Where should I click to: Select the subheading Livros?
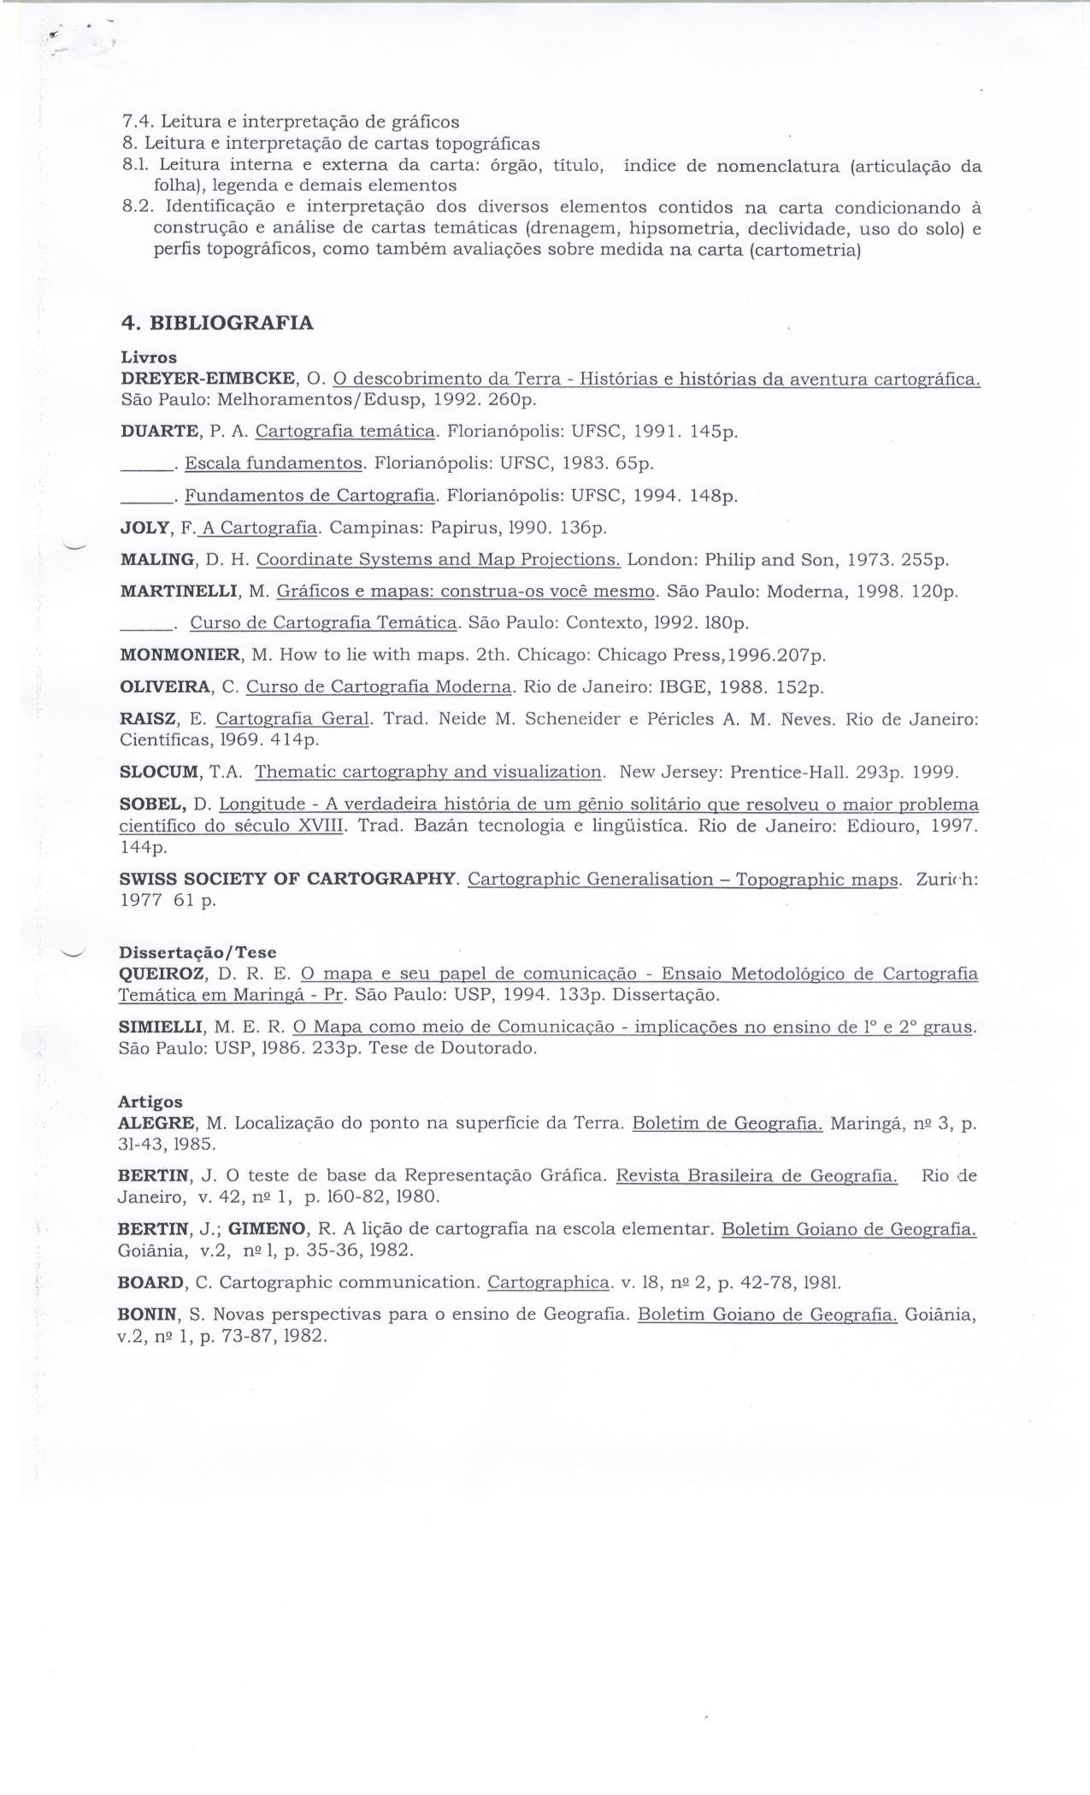149,357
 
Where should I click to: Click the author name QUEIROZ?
162,974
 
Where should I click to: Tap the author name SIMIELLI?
162,1027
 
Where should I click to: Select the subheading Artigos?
150,1102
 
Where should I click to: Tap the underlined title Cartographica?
550,1282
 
